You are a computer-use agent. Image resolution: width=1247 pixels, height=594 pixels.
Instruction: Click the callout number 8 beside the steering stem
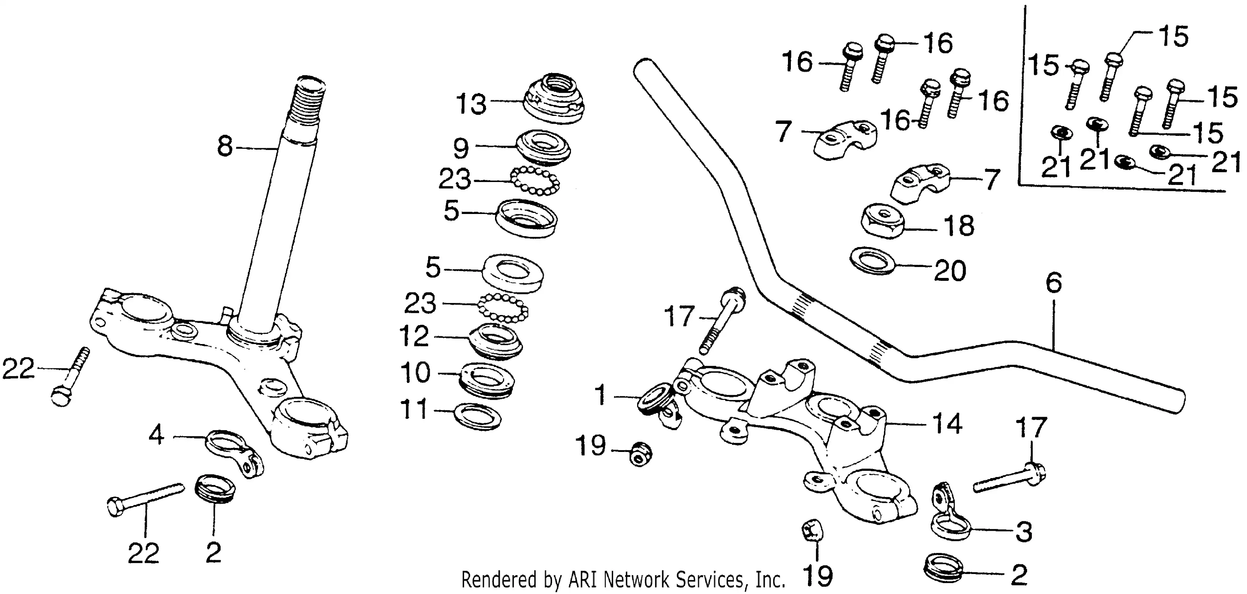click(x=225, y=146)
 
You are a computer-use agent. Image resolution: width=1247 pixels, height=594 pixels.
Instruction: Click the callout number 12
click(x=414, y=336)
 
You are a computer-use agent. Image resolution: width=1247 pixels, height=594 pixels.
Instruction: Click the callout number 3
click(x=1023, y=532)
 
